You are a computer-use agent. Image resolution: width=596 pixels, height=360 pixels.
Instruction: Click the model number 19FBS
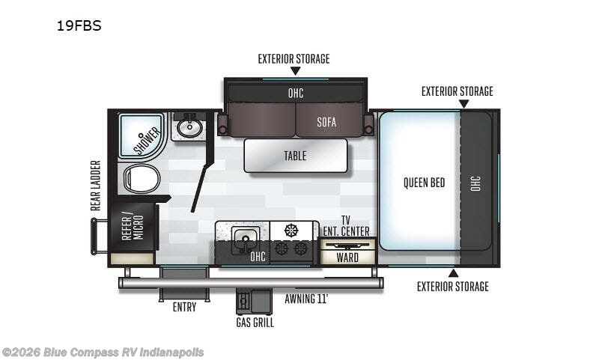coord(79,25)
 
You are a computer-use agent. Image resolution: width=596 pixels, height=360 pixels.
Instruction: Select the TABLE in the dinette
coord(295,156)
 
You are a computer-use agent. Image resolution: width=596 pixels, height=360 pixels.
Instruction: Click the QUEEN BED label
coord(425,183)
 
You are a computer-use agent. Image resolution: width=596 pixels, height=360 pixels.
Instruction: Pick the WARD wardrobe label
coord(347,257)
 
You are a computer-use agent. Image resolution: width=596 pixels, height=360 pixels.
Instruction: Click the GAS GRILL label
coord(255,323)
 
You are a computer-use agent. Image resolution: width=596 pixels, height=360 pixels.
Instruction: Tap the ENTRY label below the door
coord(184,307)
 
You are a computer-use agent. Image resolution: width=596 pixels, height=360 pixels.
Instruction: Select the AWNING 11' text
coord(306,299)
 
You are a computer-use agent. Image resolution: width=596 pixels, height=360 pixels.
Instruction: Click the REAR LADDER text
coord(96,185)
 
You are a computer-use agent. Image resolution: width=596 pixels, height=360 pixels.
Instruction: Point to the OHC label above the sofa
coord(296,93)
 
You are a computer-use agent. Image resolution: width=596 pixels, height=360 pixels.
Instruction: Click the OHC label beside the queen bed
coord(476,183)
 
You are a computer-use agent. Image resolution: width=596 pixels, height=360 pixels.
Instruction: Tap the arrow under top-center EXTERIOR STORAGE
coord(295,71)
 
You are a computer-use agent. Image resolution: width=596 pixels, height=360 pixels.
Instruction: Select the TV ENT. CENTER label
coord(345,225)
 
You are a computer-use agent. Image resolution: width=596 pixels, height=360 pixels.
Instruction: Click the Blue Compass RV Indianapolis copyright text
coord(103,352)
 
